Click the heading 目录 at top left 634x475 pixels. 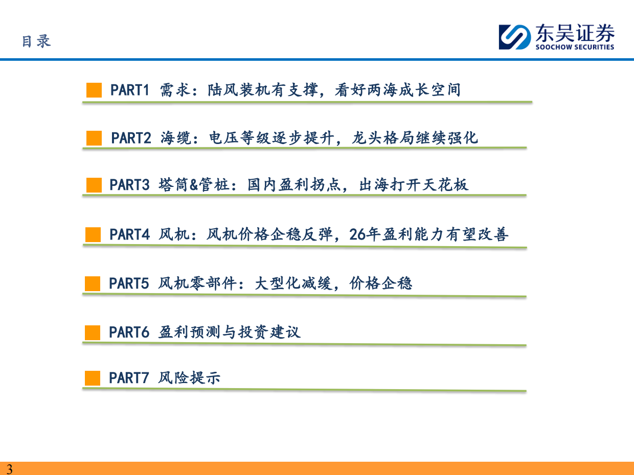(36, 41)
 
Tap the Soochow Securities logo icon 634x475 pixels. (515, 37)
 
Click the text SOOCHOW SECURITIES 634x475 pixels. (575, 46)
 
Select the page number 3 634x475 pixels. (10, 469)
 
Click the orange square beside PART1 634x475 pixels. (94, 90)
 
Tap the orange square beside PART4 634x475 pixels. (93, 234)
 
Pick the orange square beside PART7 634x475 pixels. (93, 378)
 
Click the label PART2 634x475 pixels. (131, 138)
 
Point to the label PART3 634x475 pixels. (130, 184)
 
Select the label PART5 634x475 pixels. (129, 283)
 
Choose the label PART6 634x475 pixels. (129, 332)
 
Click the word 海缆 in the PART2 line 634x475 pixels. (176, 138)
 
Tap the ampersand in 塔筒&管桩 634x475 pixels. (194, 185)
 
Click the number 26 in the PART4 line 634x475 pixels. (357, 234)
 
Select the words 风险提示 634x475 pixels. (189, 378)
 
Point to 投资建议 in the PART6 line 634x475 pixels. (269, 332)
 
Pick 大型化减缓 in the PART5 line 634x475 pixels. (293, 283)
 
